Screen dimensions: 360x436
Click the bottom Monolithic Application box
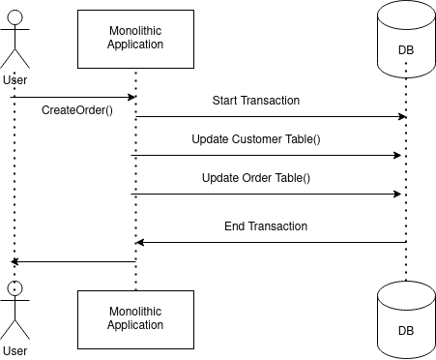(x=135, y=317)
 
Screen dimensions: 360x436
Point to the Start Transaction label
(x=255, y=101)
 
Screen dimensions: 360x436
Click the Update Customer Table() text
(x=255, y=139)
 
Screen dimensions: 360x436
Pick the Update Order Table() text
(x=255, y=178)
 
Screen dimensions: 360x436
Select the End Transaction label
(x=266, y=226)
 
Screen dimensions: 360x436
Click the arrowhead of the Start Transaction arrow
(x=400, y=116)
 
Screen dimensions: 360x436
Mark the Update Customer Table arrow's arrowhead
(x=396, y=155)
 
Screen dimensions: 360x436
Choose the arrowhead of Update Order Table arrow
(x=396, y=194)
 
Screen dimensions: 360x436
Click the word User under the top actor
(x=15, y=79)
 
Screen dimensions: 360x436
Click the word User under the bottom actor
(x=15, y=350)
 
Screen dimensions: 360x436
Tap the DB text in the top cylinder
(x=406, y=51)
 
